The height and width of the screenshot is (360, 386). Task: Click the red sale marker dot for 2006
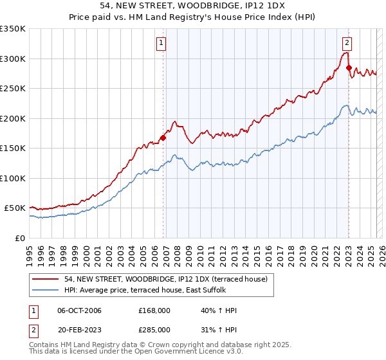[163, 137]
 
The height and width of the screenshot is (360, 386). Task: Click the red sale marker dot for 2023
[349, 67]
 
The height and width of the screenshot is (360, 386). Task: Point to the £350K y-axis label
[13, 29]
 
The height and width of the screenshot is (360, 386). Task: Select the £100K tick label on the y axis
[13, 178]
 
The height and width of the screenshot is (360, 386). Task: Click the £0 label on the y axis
[19, 238]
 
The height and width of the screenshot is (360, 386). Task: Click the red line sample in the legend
[46, 278]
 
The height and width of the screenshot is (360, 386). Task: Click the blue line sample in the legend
[46, 290]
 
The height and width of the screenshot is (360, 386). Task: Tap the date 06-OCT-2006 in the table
[79, 310]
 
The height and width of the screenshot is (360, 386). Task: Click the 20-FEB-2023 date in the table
[79, 328]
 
